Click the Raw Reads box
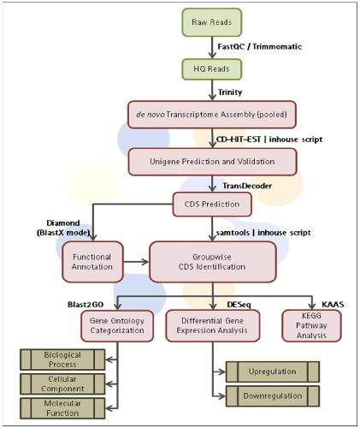tap(212, 22)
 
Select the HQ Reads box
tap(212, 69)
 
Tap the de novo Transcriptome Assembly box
tap(212, 115)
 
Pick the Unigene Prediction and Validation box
tap(212, 162)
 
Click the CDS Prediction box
tap(212, 205)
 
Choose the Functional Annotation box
tap(92, 262)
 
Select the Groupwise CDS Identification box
tap(213, 262)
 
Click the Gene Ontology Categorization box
tap(117, 326)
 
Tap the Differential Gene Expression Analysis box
tap(212, 326)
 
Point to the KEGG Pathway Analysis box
tap(311, 326)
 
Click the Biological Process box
tap(62, 360)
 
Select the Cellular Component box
tap(62, 383)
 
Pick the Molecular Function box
tap(62, 408)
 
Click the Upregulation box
tap(273, 372)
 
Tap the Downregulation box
tap(273, 396)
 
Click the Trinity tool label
tap(230, 92)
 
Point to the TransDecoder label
tap(247, 186)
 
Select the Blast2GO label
tap(86, 305)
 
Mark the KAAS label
tap(333, 305)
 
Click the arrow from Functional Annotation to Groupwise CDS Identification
tap(136, 262)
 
